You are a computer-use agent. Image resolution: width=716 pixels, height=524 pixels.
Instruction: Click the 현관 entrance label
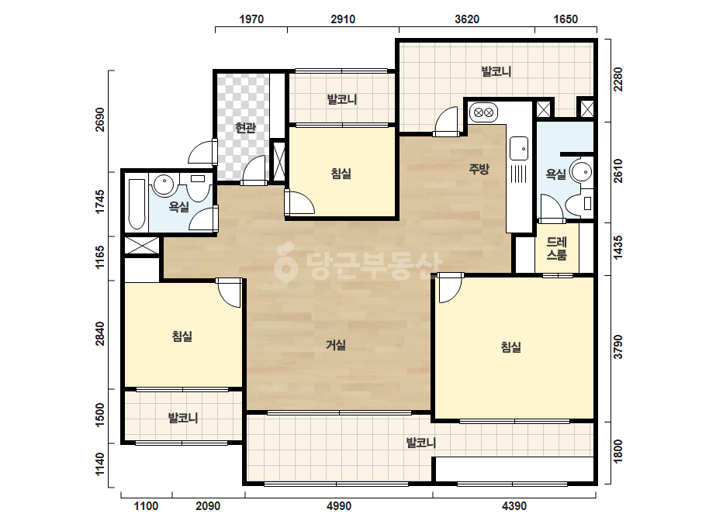[x=245, y=128]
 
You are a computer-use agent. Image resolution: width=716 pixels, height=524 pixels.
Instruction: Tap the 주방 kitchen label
[x=479, y=169]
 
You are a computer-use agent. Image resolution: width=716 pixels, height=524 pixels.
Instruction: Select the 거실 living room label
[x=336, y=345]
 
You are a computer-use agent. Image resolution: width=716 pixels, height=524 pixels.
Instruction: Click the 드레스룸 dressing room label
[x=557, y=249]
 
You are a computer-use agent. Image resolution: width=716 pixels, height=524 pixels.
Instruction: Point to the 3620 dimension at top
[x=467, y=19]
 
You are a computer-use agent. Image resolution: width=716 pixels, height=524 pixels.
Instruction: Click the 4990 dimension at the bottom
[x=339, y=505]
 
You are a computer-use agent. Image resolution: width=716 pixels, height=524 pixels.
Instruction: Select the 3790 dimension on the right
[x=617, y=347]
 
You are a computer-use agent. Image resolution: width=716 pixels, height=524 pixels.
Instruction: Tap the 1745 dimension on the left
[x=99, y=202]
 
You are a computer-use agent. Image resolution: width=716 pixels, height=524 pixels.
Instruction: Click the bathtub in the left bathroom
[x=137, y=204]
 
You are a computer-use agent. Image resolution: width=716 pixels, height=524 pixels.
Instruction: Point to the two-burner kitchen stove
[x=483, y=112]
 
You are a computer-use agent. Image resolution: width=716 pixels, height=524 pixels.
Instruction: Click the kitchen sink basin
[x=519, y=148]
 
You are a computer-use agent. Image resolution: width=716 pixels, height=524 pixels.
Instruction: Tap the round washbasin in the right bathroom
[x=581, y=172]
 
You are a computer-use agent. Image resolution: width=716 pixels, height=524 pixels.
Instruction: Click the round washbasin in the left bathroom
[x=164, y=184]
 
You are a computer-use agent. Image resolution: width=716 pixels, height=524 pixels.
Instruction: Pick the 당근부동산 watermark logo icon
[x=285, y=262]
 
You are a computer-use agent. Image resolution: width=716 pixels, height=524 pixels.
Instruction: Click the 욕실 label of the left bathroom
[x=179, y=207]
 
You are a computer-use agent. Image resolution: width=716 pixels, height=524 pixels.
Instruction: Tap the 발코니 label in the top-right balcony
[x=496, y=71]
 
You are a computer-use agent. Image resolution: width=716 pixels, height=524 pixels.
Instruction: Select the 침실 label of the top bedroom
[x=341, y=174]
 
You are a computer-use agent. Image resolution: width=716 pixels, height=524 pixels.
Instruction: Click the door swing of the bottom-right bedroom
[x=450, y=289]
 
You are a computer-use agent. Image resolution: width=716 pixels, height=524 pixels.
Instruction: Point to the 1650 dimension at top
[x=566, y=19]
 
